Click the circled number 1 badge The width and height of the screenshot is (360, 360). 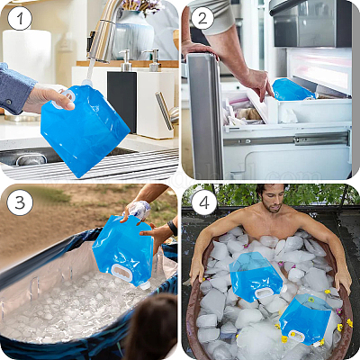coord(20,18)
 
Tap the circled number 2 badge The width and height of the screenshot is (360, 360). coord(202,18)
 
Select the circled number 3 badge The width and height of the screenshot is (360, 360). coord(20,202)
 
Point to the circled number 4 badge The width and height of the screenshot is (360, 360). coord(204,202)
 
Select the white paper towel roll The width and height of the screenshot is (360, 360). coord(27,57)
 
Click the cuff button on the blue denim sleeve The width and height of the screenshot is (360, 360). coord(9,103)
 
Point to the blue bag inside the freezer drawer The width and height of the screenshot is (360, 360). coord(292,89)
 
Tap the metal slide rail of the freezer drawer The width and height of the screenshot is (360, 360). coord(287,139)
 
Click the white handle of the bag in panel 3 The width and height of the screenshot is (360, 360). coord(121,273)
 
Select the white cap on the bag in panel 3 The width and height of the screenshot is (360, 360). coord(145,285)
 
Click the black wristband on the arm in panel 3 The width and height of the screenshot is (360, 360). coord(173,228)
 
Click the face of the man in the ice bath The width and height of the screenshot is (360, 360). coord(273,199)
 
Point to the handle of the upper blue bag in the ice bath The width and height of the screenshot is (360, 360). coord(264,292)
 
